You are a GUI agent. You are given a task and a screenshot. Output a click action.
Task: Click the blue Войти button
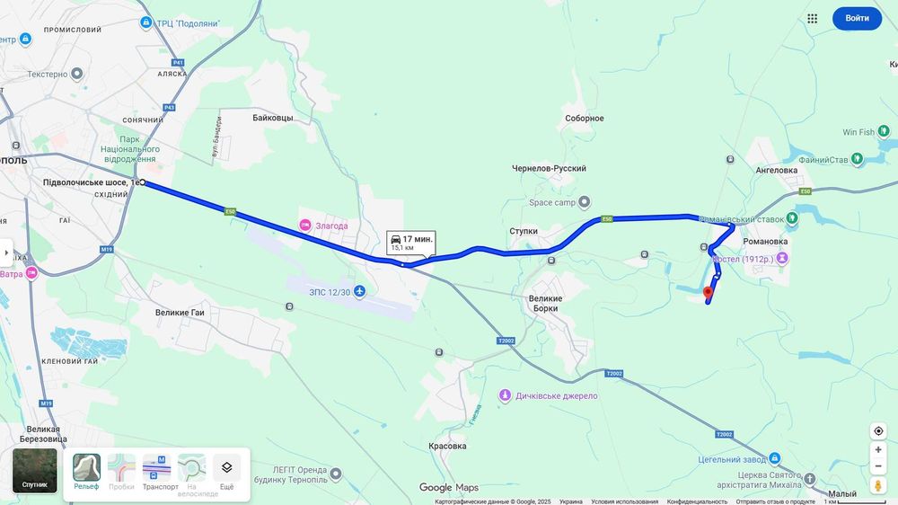[x=857, y=18]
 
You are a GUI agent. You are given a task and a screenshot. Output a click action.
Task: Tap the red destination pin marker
[x=708, y=291]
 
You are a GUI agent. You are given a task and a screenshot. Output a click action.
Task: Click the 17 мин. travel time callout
[x=411, y=242]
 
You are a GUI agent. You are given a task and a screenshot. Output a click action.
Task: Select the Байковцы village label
[x=272, y=118]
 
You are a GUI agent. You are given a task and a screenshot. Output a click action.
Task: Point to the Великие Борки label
[x=545, y=303]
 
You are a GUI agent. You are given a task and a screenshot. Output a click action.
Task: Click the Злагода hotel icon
[x=305, y=226]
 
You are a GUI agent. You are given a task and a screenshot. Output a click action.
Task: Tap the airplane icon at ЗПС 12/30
[x=360, y=291]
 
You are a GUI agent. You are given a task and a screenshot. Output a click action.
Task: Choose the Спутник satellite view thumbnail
[x=35, y=470]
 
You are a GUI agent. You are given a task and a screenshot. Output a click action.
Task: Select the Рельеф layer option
[x=86, y=472]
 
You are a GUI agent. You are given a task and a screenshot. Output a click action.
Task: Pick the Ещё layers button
[x=226, y=472]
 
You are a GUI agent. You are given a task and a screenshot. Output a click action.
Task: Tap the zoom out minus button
[x=878, y=466]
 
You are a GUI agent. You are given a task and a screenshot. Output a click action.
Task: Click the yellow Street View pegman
[x=878, y=486]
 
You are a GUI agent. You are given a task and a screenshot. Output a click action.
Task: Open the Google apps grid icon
[x=812, y=18]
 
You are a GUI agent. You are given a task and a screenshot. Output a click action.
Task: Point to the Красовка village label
[x=447, y=446]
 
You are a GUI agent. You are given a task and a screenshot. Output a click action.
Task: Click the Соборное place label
[x=585, y=119]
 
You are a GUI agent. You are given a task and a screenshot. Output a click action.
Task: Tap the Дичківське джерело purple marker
[x=506, y=395]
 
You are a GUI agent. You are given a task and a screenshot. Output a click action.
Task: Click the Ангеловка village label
[x=777, y=169]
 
